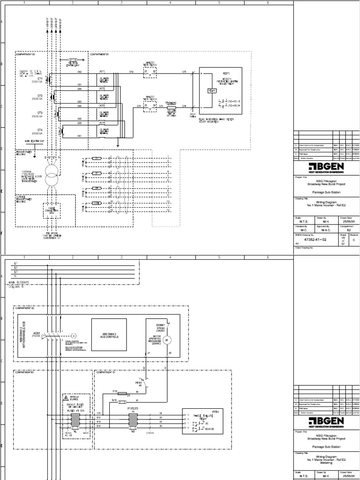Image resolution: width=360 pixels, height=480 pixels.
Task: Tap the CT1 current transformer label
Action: (40, 79)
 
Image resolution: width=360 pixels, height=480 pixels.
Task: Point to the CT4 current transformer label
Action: (40, 130)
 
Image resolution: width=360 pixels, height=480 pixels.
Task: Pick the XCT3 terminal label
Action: (102, 105)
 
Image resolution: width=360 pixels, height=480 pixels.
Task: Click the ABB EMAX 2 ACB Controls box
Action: (109, 335)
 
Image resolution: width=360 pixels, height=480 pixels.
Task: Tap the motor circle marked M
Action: (170, 339)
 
